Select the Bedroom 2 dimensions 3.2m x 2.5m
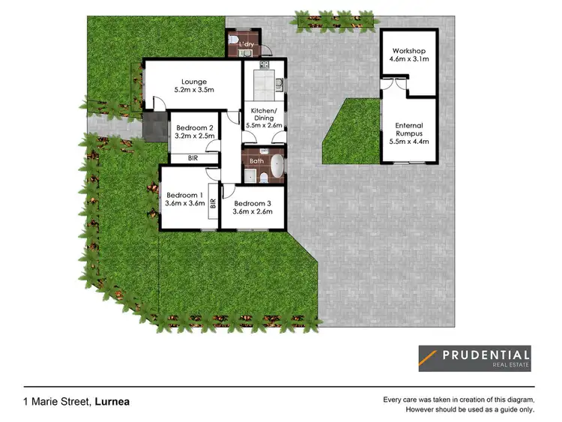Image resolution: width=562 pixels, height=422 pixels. [195, 136]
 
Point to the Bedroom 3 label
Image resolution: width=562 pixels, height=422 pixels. [252, 202]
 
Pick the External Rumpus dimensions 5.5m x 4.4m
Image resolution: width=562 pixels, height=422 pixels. [409, 142]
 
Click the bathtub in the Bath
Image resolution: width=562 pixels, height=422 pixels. [277, 167]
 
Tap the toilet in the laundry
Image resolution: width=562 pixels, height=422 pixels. [235, 40]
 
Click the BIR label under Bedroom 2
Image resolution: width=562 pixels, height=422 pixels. [193, 159]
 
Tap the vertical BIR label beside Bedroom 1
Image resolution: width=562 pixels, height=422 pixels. [214, 202]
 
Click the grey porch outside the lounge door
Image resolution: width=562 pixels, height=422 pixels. [156, 127]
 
